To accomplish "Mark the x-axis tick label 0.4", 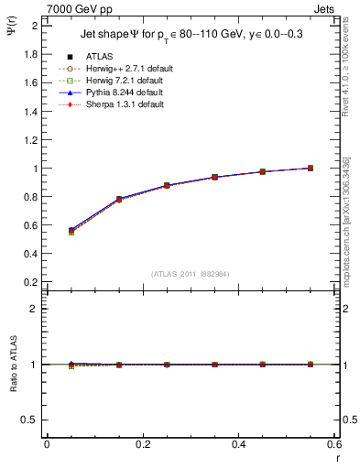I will pyautogui.click(x=238, y=444).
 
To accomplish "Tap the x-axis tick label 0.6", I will pyautogui.click(x=333, y=444).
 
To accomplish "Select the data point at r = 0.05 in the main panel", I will pyautogui.click(x=71, y=231).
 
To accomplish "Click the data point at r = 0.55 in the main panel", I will pyautogui.click(x=311, y=169).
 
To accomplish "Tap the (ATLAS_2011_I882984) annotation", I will pyautogui.click(x=191, y=274).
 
